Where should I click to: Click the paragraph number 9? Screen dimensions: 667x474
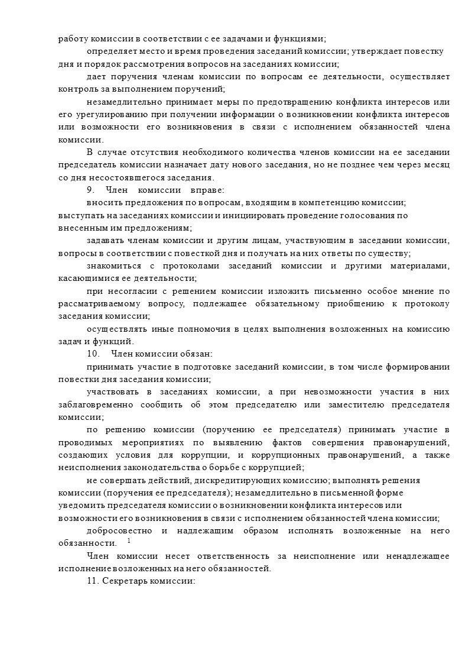coord(90,190)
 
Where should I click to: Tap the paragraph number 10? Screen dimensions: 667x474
coord(92,354)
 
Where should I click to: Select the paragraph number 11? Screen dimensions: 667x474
coord(92,581)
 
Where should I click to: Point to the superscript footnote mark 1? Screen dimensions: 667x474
coord(129,540)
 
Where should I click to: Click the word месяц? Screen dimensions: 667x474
coord(435,165)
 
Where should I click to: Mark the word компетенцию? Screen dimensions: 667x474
coord(326,203)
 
